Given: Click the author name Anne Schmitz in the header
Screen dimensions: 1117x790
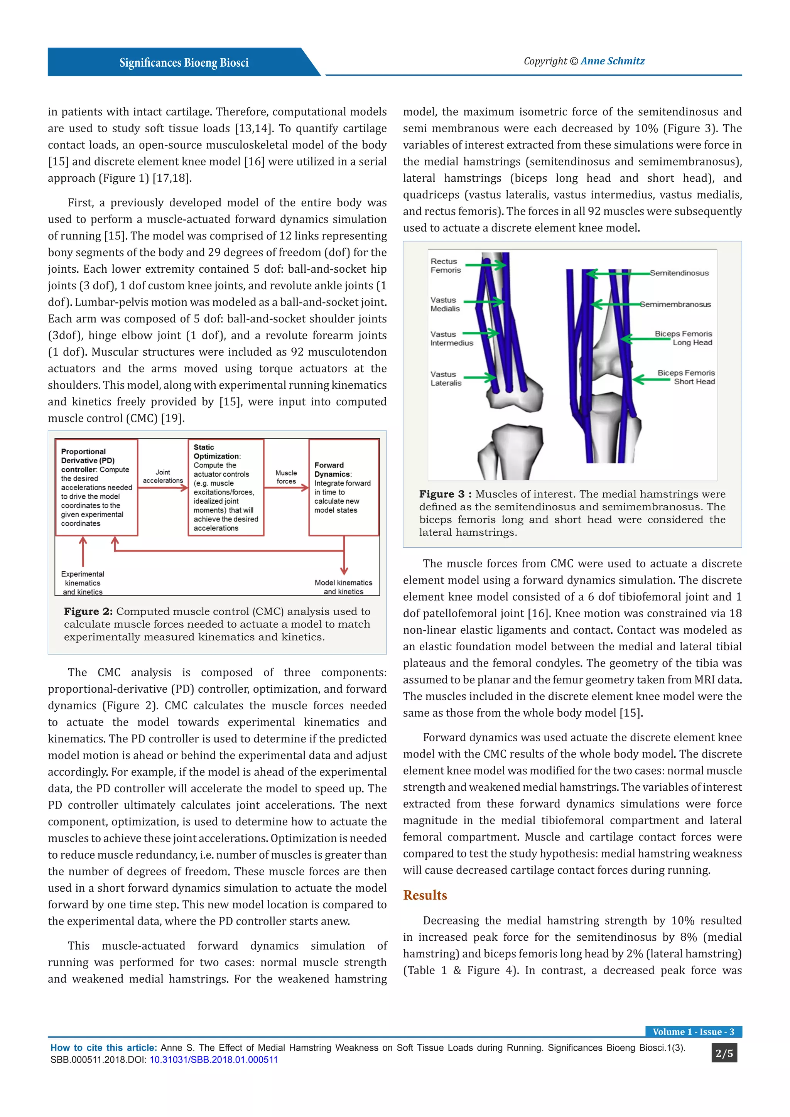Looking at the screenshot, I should point(613,61).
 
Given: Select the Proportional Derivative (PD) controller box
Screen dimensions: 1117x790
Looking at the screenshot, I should point(96,487).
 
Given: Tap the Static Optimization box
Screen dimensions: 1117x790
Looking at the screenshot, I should point(226,487).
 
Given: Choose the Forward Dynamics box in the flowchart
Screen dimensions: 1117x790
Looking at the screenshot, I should point(343,487).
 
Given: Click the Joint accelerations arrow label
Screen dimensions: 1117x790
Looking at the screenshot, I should point(163,476).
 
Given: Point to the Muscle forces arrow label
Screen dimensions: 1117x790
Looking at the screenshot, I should point(286,477).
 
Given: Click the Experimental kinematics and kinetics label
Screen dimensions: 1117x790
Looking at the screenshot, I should point(83,583).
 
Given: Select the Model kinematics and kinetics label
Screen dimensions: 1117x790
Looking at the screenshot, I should point(343,587).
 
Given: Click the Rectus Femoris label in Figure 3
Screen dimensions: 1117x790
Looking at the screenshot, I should point(445,266).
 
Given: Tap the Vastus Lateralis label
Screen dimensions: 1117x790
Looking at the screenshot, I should point(446,378).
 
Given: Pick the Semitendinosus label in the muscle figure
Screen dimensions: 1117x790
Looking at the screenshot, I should point(679,273).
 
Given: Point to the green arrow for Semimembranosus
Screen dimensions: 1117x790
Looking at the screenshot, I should point(615,305).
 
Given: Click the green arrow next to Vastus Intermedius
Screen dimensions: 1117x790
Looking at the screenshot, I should point(481,333).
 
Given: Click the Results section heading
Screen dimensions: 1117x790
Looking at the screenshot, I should point(425,895).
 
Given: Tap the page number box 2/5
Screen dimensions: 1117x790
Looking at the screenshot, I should point(724,1053).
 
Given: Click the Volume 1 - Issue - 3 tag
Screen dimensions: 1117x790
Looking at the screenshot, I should point(693,1031).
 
